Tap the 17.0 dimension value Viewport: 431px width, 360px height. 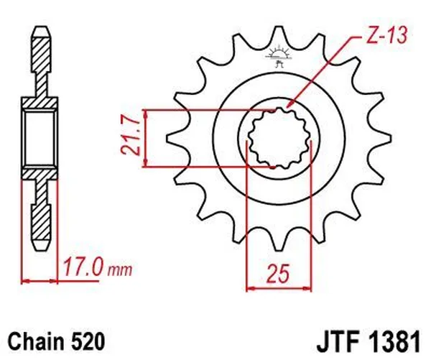click(84, 271)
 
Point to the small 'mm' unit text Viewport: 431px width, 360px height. click(121, 272)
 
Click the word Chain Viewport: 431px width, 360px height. click(36, 336)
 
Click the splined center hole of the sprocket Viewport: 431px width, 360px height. click(277, 137)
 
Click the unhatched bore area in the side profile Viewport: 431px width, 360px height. click(41, 137)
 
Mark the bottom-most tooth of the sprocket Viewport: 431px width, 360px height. click(277, 241)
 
